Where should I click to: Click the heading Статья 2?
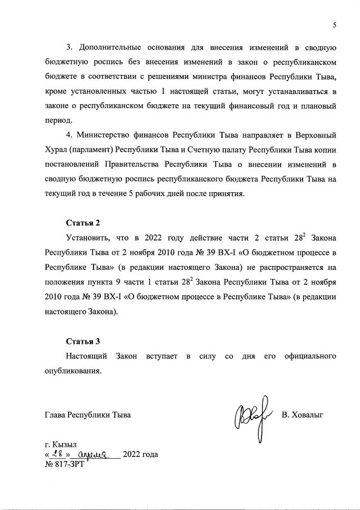[83, 223]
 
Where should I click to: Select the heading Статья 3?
[83, 341]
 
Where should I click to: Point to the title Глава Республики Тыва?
[87, 415]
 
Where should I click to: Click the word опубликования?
[73, 371]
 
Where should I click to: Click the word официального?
[311, 356]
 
